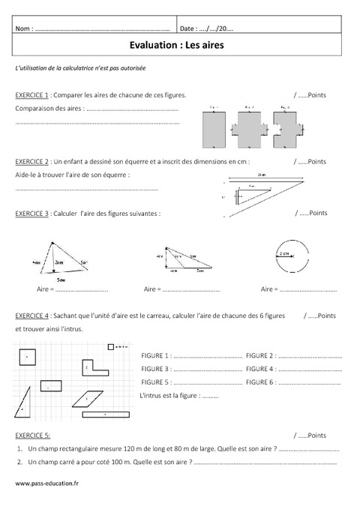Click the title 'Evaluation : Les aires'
coord(179,44)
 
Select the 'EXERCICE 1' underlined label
coord(31,96)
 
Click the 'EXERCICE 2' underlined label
coord(31,161)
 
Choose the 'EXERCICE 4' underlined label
coord(31,313)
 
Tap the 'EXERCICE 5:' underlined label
coord(32,435)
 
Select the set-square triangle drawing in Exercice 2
coord(259,193)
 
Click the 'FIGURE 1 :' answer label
coord(156,355)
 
